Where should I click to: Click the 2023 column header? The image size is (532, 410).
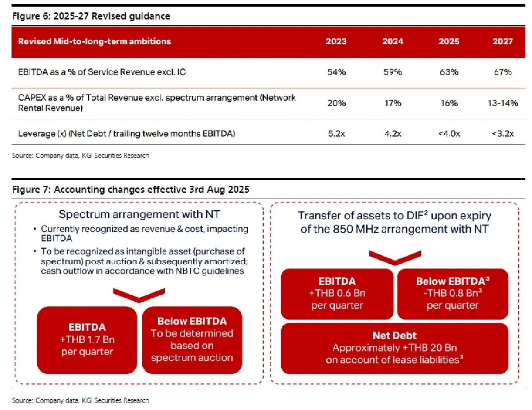tap(336, 42)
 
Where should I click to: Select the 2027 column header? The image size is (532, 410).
tap(502, 42)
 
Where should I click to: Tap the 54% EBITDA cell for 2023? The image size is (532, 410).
tap(336, 72)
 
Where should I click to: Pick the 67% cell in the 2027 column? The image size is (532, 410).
tap(502, 72)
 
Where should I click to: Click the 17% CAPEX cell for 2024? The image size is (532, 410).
tap(392, 103)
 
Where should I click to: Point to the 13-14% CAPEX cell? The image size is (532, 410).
tap(502, 103)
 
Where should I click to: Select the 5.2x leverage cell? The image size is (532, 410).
tap(336, 133)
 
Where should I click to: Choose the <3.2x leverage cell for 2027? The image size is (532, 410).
tap(502, 133)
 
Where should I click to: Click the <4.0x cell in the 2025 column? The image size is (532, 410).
tap(449, 133)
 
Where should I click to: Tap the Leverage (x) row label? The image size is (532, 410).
tap(126, 133)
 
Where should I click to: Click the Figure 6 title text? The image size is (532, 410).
tap(91, 16)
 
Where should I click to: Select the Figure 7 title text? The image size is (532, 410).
tap(131, 190)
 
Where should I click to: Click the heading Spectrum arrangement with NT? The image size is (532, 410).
tap(140, 215)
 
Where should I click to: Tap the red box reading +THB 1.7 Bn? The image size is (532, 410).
tap(87, 340)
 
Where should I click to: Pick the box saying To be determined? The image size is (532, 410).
tap(192, 340)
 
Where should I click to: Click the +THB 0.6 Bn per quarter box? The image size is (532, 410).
tap(337, 293)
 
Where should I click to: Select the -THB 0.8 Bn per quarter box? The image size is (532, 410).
tap(452, 293)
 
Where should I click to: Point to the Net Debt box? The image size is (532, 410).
tap(395, 348)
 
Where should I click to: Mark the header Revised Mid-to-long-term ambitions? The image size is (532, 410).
tap(94, 42)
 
